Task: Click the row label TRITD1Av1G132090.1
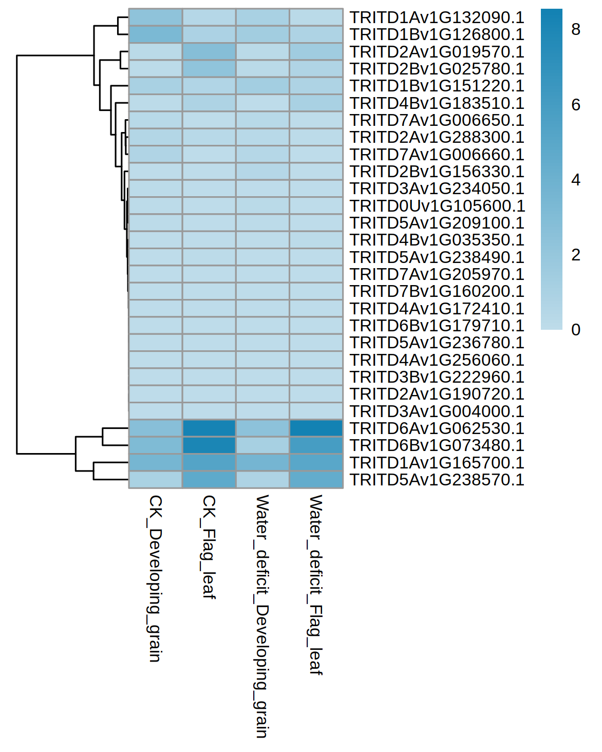click(x=437, y=17)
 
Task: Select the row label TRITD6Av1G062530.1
click(x=437, y=428)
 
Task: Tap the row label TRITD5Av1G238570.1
click(x=437, y=480)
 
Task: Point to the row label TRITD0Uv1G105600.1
click(x=437, y=206)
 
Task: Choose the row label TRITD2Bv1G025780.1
click(x=437, y=69)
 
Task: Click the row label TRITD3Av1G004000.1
click(x=437, y=411)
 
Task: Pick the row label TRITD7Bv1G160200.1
click(x=437, y=291)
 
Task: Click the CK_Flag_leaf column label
click(x=209, y=547)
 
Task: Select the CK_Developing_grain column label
click(x=155, y=578)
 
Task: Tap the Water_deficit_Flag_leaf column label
click(x=315, y=585)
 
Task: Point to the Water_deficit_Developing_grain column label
click(x=262, y=616)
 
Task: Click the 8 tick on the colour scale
click(x=576, y=30)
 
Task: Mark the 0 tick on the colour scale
click(x=576, y=330)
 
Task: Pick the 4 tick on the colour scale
click(x=576, y=180)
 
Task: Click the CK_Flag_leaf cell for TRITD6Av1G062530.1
click(x=209, y=428)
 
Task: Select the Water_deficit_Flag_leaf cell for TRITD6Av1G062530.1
click(x=316, y=428)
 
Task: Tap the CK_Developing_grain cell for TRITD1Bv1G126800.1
click(x=156, y=34)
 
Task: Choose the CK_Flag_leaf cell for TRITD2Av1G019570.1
click(x=209, y=52)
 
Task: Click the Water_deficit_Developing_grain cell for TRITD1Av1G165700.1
click(x=262, y=463)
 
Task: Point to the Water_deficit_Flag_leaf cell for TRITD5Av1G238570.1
click(x=316, y=480)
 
